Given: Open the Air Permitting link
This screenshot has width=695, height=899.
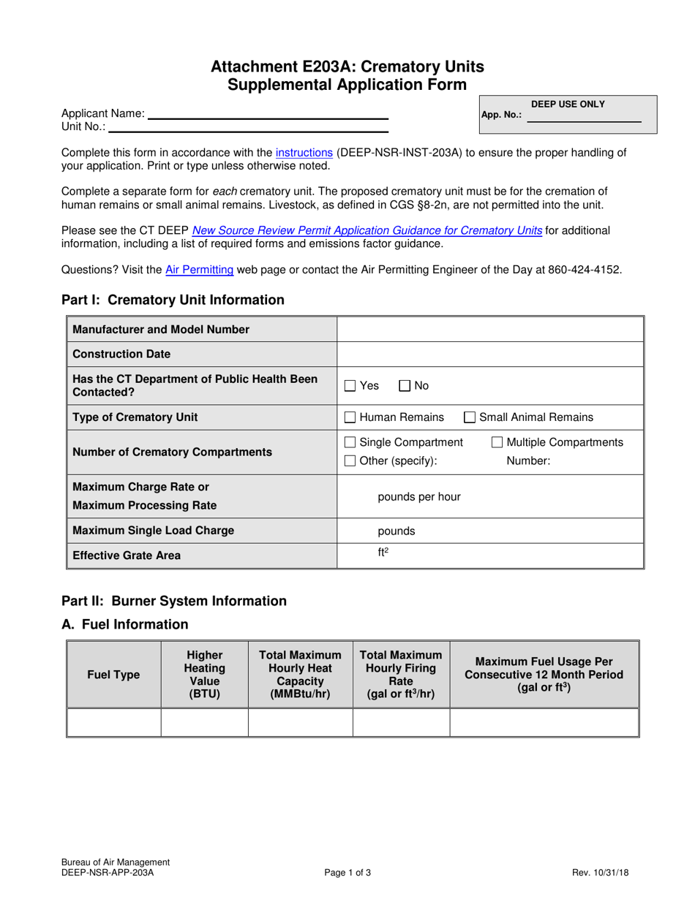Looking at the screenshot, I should click(x=200, y=270).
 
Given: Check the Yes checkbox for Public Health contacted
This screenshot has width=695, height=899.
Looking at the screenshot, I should click(x=350, y=385).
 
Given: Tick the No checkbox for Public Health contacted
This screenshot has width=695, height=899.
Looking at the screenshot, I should click(x=405, y=385).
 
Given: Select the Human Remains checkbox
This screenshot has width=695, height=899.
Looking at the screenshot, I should click(x=350, y=417).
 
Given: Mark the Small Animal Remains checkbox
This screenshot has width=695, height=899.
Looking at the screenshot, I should click(x=470, y=417).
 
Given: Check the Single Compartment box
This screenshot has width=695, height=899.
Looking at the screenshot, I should click(x=350, y=442).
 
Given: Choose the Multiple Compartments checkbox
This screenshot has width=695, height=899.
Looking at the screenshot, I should click(x=497, y=442).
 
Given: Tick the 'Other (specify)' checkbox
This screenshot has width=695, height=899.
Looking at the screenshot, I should click(x=350, y=460).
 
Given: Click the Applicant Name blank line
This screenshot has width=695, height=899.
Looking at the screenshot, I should click(x=267, y=114).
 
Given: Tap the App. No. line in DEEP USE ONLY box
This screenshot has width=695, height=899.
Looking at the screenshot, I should click(x=583, y=116).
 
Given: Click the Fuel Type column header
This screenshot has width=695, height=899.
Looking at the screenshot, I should click(x=113, y=675).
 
